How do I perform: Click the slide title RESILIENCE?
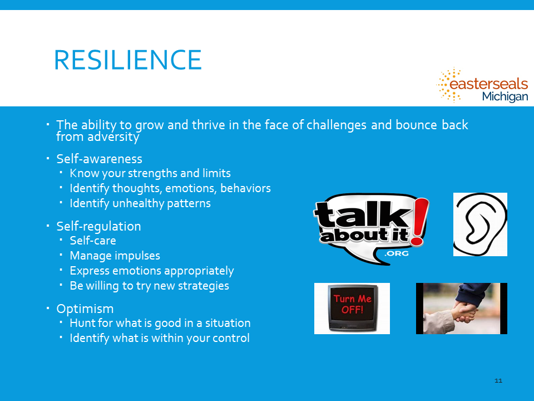(x=128, y=60)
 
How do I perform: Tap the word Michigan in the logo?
(x=505, y=96)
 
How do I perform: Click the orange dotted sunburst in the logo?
(x=449, y=85)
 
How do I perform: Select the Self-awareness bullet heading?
(x=99, y=159)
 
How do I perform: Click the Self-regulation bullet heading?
(x=98, y=227)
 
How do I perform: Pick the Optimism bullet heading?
(x=85, y=309)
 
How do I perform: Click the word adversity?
(x=113, y=137)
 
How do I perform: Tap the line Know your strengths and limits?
(x=150, y=173)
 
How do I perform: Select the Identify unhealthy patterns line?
(x=140, y=203)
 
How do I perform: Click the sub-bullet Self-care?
(x=93, y=241)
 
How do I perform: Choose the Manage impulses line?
(x=115, y=256)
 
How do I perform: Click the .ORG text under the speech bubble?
(x=396, y=253)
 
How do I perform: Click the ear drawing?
(x=480, y=224)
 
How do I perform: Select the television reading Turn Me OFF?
(x=353, y=308)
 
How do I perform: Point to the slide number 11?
(x=498, y=380)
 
